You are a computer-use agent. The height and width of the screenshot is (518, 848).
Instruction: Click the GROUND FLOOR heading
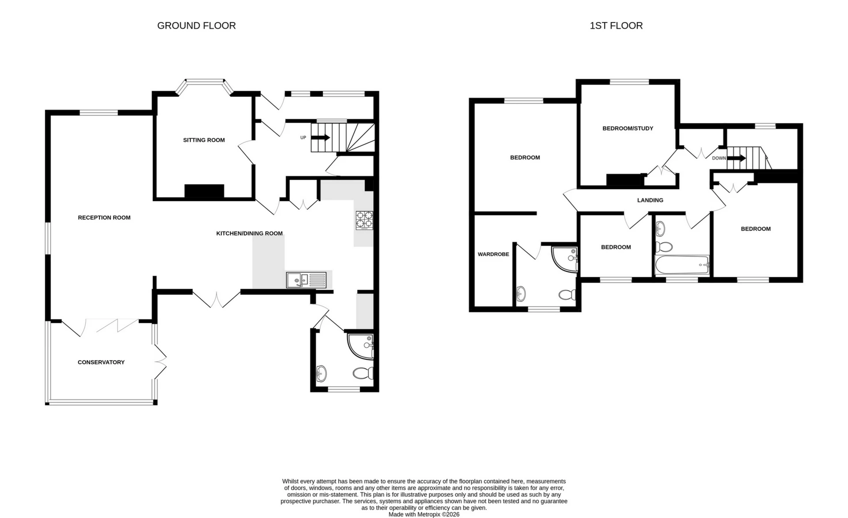[196, 26]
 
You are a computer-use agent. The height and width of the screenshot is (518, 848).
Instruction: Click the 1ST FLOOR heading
[616, 26]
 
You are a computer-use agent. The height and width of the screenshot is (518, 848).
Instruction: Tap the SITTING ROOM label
[204, 140]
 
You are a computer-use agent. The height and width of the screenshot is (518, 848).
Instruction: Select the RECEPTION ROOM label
[104, 217]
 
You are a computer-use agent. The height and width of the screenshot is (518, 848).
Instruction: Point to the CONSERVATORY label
[101, 362]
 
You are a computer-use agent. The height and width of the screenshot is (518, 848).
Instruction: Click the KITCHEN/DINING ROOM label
[249, 233]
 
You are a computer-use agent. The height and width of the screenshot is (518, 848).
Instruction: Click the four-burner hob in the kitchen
[364, 220]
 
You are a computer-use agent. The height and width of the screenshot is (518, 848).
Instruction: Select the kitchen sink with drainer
[306, 280]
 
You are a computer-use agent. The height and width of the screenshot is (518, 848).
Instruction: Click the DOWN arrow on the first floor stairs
[736, 158]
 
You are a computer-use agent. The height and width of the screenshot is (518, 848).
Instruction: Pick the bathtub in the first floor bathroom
[681, 265]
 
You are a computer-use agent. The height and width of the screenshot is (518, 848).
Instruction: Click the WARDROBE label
[493, 255]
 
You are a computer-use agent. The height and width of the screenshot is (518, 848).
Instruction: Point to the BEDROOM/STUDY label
[627, 129]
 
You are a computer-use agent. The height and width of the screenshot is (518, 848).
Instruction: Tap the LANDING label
[650, 200]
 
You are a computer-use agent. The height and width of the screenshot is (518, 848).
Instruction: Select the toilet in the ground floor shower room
[363, 374]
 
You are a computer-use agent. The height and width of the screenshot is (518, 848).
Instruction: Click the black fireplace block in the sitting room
[204, 191]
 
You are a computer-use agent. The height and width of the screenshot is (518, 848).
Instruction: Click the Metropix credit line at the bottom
[424, 514]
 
